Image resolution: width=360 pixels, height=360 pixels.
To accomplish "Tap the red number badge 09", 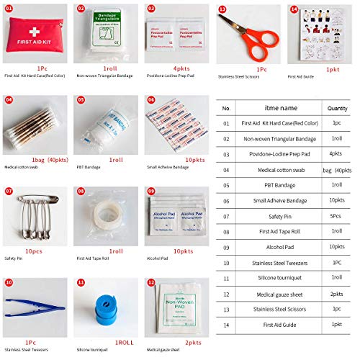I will coord(151,191).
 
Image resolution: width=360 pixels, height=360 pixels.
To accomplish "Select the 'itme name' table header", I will coord(279,108).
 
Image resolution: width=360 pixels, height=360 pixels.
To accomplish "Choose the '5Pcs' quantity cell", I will coord(336,215).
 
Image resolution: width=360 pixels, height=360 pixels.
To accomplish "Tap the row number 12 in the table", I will coord(226,293).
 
